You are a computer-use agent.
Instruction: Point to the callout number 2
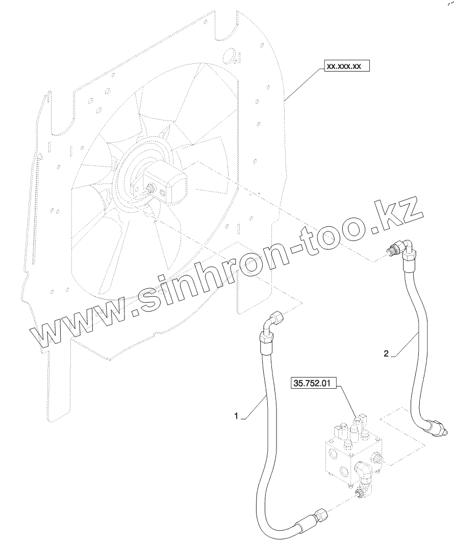click(x=387, y=353)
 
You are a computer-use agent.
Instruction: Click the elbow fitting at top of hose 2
click(x=406, y=248)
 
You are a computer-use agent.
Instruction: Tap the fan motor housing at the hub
click(x=173, y=184)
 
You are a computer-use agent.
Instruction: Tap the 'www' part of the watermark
click(x=82, y=327)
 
